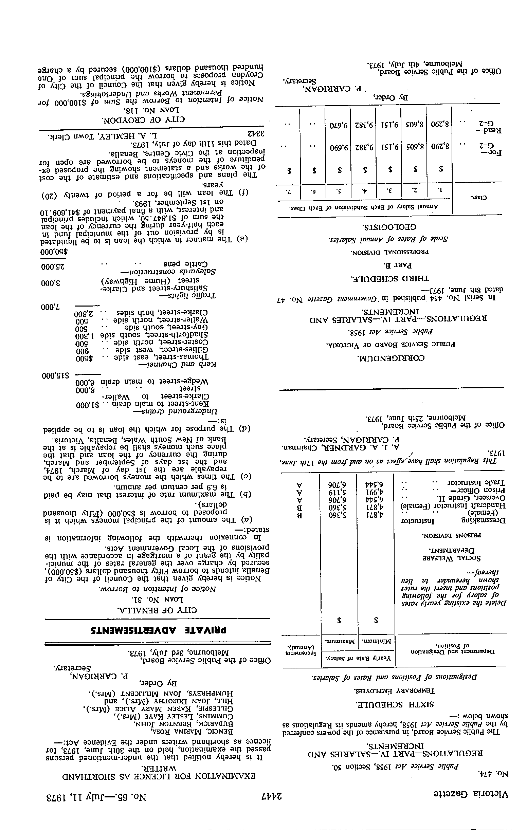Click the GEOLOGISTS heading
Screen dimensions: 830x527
tap(389, 227)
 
